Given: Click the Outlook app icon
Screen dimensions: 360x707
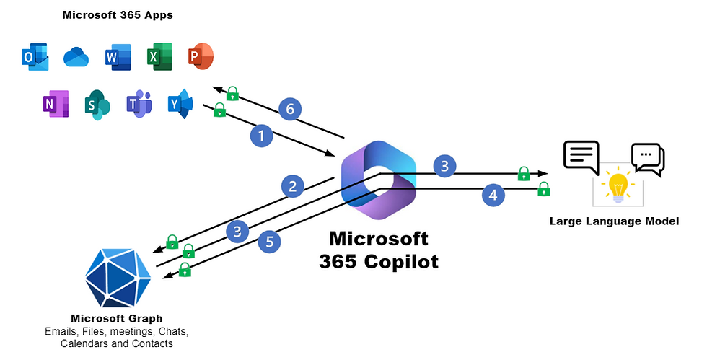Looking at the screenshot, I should pyautogui.click(x=35, y=56).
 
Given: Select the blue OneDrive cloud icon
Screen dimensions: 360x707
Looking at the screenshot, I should pyautogui.click(x=76, y=56).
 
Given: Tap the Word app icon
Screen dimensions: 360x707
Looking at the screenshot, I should pyautogui.click(x=117, y=56).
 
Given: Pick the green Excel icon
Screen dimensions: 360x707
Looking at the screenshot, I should pyautogui.click(x=159, y=56).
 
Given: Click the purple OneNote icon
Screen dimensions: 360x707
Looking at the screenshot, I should pyautogui.click(x=55, y=105).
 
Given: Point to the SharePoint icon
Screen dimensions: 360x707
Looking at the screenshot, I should pyautogui.click(x=97, y=105).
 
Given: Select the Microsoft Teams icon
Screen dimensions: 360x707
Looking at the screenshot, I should pyautogui.click(x=139, y=105).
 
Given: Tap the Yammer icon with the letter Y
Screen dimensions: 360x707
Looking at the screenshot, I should pyautogui.click(x=180, y=105).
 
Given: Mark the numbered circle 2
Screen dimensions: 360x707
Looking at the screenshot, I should pyautogui.click(x=292, y=188).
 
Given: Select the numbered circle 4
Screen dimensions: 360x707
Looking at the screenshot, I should pyautogui.click(x=493, y=195).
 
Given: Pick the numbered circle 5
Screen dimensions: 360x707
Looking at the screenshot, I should pyautogui.click(x=269, y=242).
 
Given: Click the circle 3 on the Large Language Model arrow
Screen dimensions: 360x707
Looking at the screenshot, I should pyautogui.click(x=444, y=167).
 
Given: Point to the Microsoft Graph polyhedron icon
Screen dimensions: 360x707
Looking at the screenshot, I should pyautogui.click(x=118, y=276).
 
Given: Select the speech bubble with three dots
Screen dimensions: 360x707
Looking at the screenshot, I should pyautogui.click(x=647, y=157).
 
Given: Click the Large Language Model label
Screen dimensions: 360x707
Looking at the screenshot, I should pyautogui.click(x=614, y=221).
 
